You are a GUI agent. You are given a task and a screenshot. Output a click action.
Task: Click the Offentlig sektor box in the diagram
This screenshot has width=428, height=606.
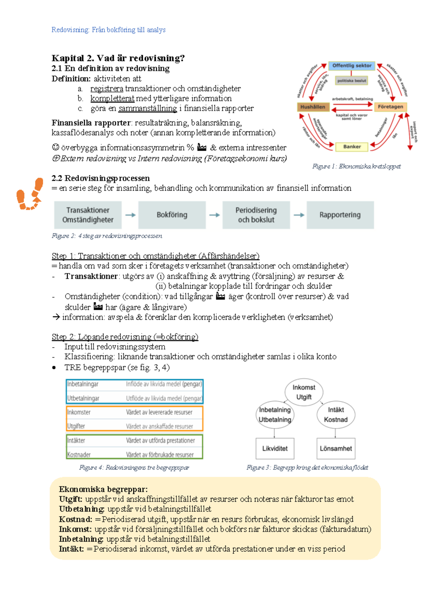352,66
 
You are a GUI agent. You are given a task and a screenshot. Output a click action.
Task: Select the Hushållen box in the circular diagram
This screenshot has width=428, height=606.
312,107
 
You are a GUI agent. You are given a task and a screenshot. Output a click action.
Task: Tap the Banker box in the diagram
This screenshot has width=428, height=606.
352,147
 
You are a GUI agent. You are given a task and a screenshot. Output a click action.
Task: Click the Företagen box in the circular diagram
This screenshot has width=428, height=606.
390,107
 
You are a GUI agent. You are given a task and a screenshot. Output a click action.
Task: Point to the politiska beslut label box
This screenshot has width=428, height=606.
352,81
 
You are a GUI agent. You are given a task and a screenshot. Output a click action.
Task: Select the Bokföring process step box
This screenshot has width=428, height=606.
172,215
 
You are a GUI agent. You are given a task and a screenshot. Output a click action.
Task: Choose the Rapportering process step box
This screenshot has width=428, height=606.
340,215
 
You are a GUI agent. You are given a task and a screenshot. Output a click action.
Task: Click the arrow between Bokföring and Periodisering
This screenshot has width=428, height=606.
214,215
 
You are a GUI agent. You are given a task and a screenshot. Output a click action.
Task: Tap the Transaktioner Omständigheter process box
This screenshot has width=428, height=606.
88,215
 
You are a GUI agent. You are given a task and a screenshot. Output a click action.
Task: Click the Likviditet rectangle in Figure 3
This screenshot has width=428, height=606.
275,449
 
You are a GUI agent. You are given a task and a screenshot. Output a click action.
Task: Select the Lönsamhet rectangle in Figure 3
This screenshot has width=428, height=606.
336,449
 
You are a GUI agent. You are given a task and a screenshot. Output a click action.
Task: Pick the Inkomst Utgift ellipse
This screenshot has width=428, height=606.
304,392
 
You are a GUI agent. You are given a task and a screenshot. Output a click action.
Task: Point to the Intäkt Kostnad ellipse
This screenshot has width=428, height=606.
336,415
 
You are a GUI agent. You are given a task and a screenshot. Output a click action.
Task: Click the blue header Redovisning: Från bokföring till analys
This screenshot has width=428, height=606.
108,30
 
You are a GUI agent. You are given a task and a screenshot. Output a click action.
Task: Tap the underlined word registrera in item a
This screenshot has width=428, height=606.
107,89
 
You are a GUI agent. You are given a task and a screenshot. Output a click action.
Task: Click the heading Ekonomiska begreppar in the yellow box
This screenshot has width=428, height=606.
103,489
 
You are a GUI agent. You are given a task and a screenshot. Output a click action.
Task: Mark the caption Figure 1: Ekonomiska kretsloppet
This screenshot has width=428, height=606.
356,166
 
